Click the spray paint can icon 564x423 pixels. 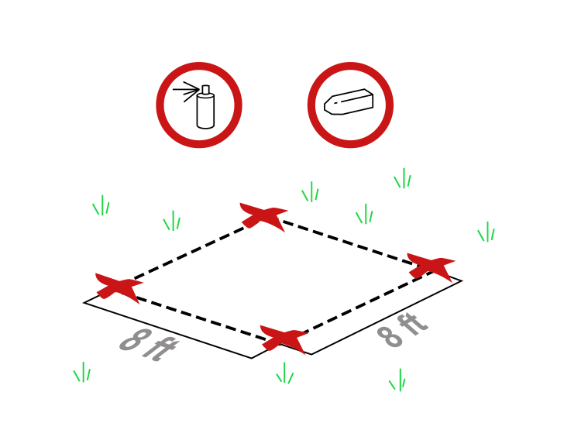(x=199, y=105)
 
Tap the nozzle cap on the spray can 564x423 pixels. (x=206, y=90)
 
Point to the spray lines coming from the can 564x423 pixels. (x=186, y=91)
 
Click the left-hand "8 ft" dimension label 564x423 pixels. (x=149, y=345)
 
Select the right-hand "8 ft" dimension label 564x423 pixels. (x=403, y=330)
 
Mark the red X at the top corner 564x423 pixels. (x=263, y=217)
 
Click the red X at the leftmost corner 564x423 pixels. (x=119, y=287)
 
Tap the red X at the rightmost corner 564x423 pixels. (x=431, y=267)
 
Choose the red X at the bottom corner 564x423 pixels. (x=284, y=339)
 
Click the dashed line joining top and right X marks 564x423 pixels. (x=347, y=242)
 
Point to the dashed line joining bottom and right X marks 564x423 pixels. (x=367, y=303)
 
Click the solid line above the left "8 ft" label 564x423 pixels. (x=167, y=330)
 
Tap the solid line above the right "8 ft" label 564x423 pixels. (x=387, y=318)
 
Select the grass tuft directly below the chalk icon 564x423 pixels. (x=364, y=214)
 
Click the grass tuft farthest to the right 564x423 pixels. (x=487, y=232)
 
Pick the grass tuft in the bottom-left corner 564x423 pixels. (x=82, y=372)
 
